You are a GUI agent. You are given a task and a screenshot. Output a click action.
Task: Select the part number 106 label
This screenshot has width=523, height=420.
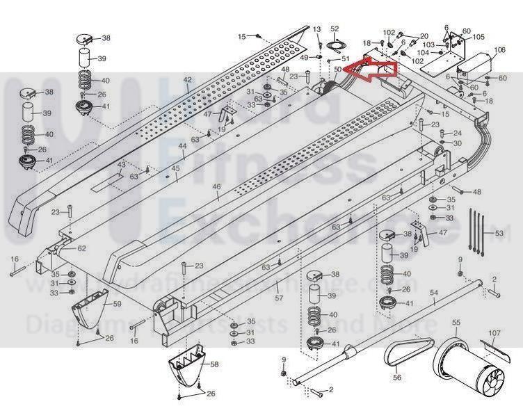tap(500, 50)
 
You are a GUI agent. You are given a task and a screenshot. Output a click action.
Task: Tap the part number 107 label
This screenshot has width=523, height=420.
tap(493, 333)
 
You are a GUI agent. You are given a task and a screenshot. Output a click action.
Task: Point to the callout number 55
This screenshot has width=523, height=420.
tap(456, 323)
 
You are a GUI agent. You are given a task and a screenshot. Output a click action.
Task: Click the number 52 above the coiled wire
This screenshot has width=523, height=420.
tap(335, 29)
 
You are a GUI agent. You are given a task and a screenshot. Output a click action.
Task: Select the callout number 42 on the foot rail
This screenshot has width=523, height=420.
tap(187, 81)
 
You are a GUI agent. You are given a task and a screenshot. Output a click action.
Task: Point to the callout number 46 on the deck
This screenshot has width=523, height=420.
tap(216, 186)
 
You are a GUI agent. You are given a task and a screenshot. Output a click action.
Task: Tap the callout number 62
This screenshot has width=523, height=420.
tap(82, 248)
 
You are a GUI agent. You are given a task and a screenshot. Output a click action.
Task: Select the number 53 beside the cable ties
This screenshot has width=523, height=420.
tap(498, 233)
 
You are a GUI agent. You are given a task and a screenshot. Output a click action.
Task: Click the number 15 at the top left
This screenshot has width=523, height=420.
tap(242, 35)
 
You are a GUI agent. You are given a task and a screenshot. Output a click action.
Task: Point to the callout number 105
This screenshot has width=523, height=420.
tap(479, 37)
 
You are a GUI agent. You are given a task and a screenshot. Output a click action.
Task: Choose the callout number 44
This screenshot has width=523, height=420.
tap(182, 145)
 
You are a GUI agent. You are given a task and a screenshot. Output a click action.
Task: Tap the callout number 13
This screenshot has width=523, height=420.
tap(316, 29)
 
